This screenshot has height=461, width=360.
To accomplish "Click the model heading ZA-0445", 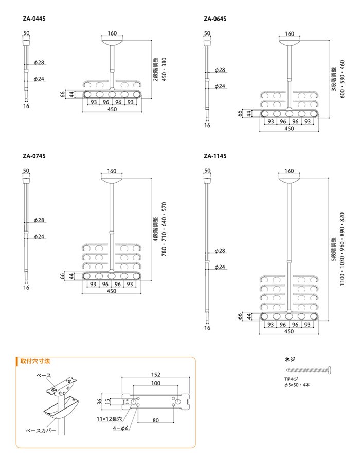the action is [x=34, y=19].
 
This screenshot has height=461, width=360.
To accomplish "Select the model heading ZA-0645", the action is [x=215, y=19].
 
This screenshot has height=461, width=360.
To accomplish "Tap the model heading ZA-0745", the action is [x=34, y=156].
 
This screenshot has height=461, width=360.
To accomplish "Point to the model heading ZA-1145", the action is [x=215, y=156].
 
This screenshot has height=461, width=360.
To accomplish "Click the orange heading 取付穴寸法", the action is [x=35, y=361].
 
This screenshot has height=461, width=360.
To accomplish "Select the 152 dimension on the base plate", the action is [x=156, y=374].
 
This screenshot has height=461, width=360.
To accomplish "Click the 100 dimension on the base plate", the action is [x=156, y=383].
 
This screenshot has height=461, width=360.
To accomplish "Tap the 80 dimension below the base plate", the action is [x=156, y=420].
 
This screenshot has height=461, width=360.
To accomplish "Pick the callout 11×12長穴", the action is [x=110, y=419].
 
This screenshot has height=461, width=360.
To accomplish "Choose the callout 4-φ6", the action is [x=121, y=428].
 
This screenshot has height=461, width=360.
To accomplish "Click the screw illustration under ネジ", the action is [x=309, y=370].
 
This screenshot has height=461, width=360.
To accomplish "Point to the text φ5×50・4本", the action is [x=297, y=385].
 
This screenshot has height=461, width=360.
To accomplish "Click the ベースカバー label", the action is [x=41, y=431].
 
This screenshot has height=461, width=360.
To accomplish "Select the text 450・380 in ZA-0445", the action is [x=164, y=69].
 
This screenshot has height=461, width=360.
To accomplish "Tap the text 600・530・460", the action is [x=342, y=79].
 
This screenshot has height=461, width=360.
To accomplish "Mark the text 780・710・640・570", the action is [x=164, y=229].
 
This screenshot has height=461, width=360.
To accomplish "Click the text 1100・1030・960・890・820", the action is [x=342, y=249].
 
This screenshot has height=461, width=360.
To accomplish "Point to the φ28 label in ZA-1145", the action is [x=220, y=251].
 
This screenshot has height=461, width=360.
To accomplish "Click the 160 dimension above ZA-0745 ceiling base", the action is [x=112, y=171].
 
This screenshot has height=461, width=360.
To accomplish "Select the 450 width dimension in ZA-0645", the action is [x=289, y=129].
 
